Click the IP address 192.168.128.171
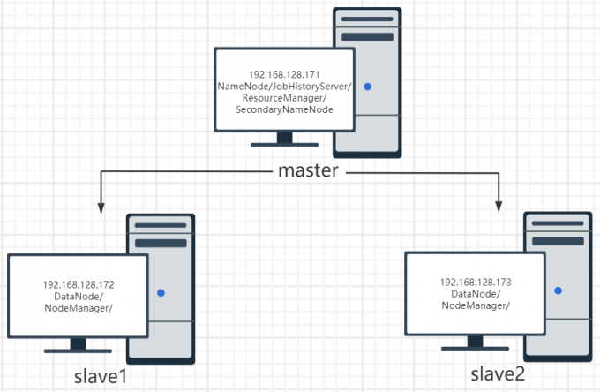(284, 74)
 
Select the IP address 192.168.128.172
(79, 285)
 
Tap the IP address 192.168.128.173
(476, 283)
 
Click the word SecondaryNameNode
(284, 110)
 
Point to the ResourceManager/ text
(284, 98)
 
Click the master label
(308, 170)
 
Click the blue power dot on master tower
(367, 87)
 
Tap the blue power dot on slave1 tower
(161, 292)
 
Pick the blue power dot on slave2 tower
(557, 290)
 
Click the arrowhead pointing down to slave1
(101, 207)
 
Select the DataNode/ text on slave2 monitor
(476, 294)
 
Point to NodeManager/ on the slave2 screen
(476, 305)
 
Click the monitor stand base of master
(284, 145)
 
